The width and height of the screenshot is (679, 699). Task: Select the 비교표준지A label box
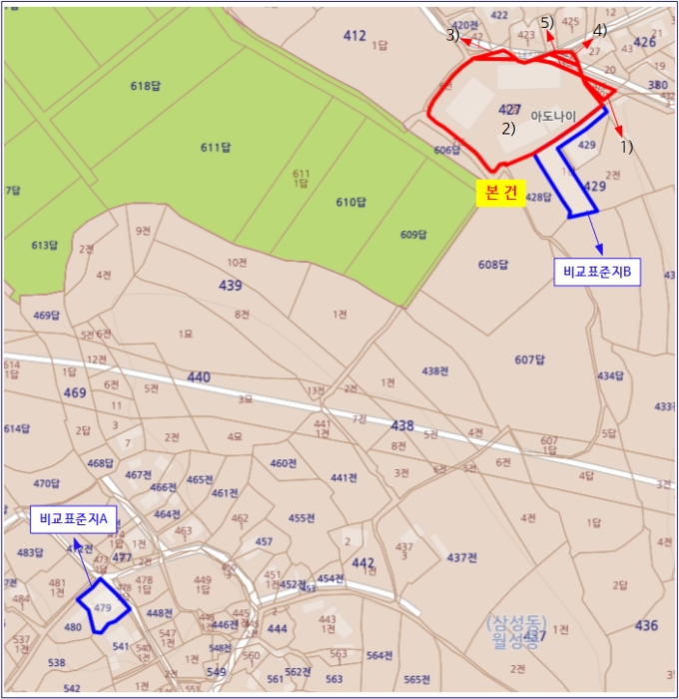point(74,518)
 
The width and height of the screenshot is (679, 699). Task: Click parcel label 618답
point(145,86)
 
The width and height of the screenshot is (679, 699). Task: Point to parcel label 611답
point(216,148)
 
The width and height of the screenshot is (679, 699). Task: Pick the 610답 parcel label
point(351,203)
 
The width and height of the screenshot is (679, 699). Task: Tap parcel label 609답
point(413,235)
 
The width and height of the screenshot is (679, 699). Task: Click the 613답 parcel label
point(45,246)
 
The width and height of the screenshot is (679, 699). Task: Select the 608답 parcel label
point(493,265)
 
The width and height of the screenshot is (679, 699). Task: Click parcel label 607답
point(530,359)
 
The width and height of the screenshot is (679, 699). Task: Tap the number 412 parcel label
point(354,36)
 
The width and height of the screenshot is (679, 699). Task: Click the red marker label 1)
point(627,146)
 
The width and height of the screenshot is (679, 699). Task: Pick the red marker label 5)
point(547,22)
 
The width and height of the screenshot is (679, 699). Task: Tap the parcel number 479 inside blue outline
point(101,607)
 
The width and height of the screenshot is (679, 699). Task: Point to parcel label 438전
point(435,370)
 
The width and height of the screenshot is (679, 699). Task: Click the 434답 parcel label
point(610,376)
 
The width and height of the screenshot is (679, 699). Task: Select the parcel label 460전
point(284,463)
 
